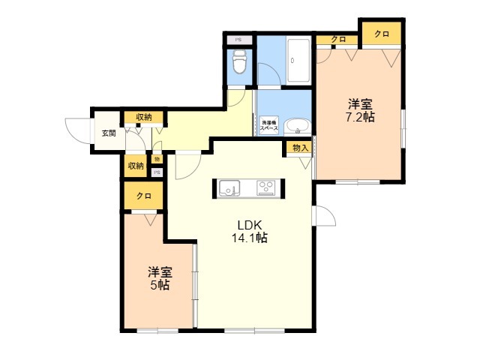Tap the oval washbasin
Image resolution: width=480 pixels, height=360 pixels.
pyautogui.click(x=298, y=127)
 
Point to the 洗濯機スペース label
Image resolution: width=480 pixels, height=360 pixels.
pyautogui.click(x=269, y=126)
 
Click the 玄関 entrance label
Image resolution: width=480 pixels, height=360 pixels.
pyautogui.click(x=109, y=133)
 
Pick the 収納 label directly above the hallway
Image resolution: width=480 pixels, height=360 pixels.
pyautogui.click(x=143, y=117)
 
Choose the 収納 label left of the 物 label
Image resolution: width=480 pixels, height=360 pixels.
pyautogui.click(x=135, y=166)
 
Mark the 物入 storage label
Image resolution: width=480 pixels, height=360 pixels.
pyautogui.click(x=300, y=148)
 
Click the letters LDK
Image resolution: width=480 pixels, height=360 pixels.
pyautogui.click(x=249, y=224)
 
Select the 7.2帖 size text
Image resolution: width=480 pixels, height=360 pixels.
pyautogui.click(x=360, y=117)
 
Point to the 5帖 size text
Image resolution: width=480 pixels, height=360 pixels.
pyautogui.click(x=160, y=285)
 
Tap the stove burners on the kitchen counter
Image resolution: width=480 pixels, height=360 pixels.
pyautogui.click(x=266, y=187)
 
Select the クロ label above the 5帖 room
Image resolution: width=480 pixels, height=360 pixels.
pyautogui.click(x=143, y=196)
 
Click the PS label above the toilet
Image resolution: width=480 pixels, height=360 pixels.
pyautogui.click(x=238, y=40)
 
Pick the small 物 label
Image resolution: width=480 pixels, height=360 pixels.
pyautogui.click(x=157, y=159)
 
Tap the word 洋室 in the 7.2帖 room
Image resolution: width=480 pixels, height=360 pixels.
pyautogui.click(x=360, y=103)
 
